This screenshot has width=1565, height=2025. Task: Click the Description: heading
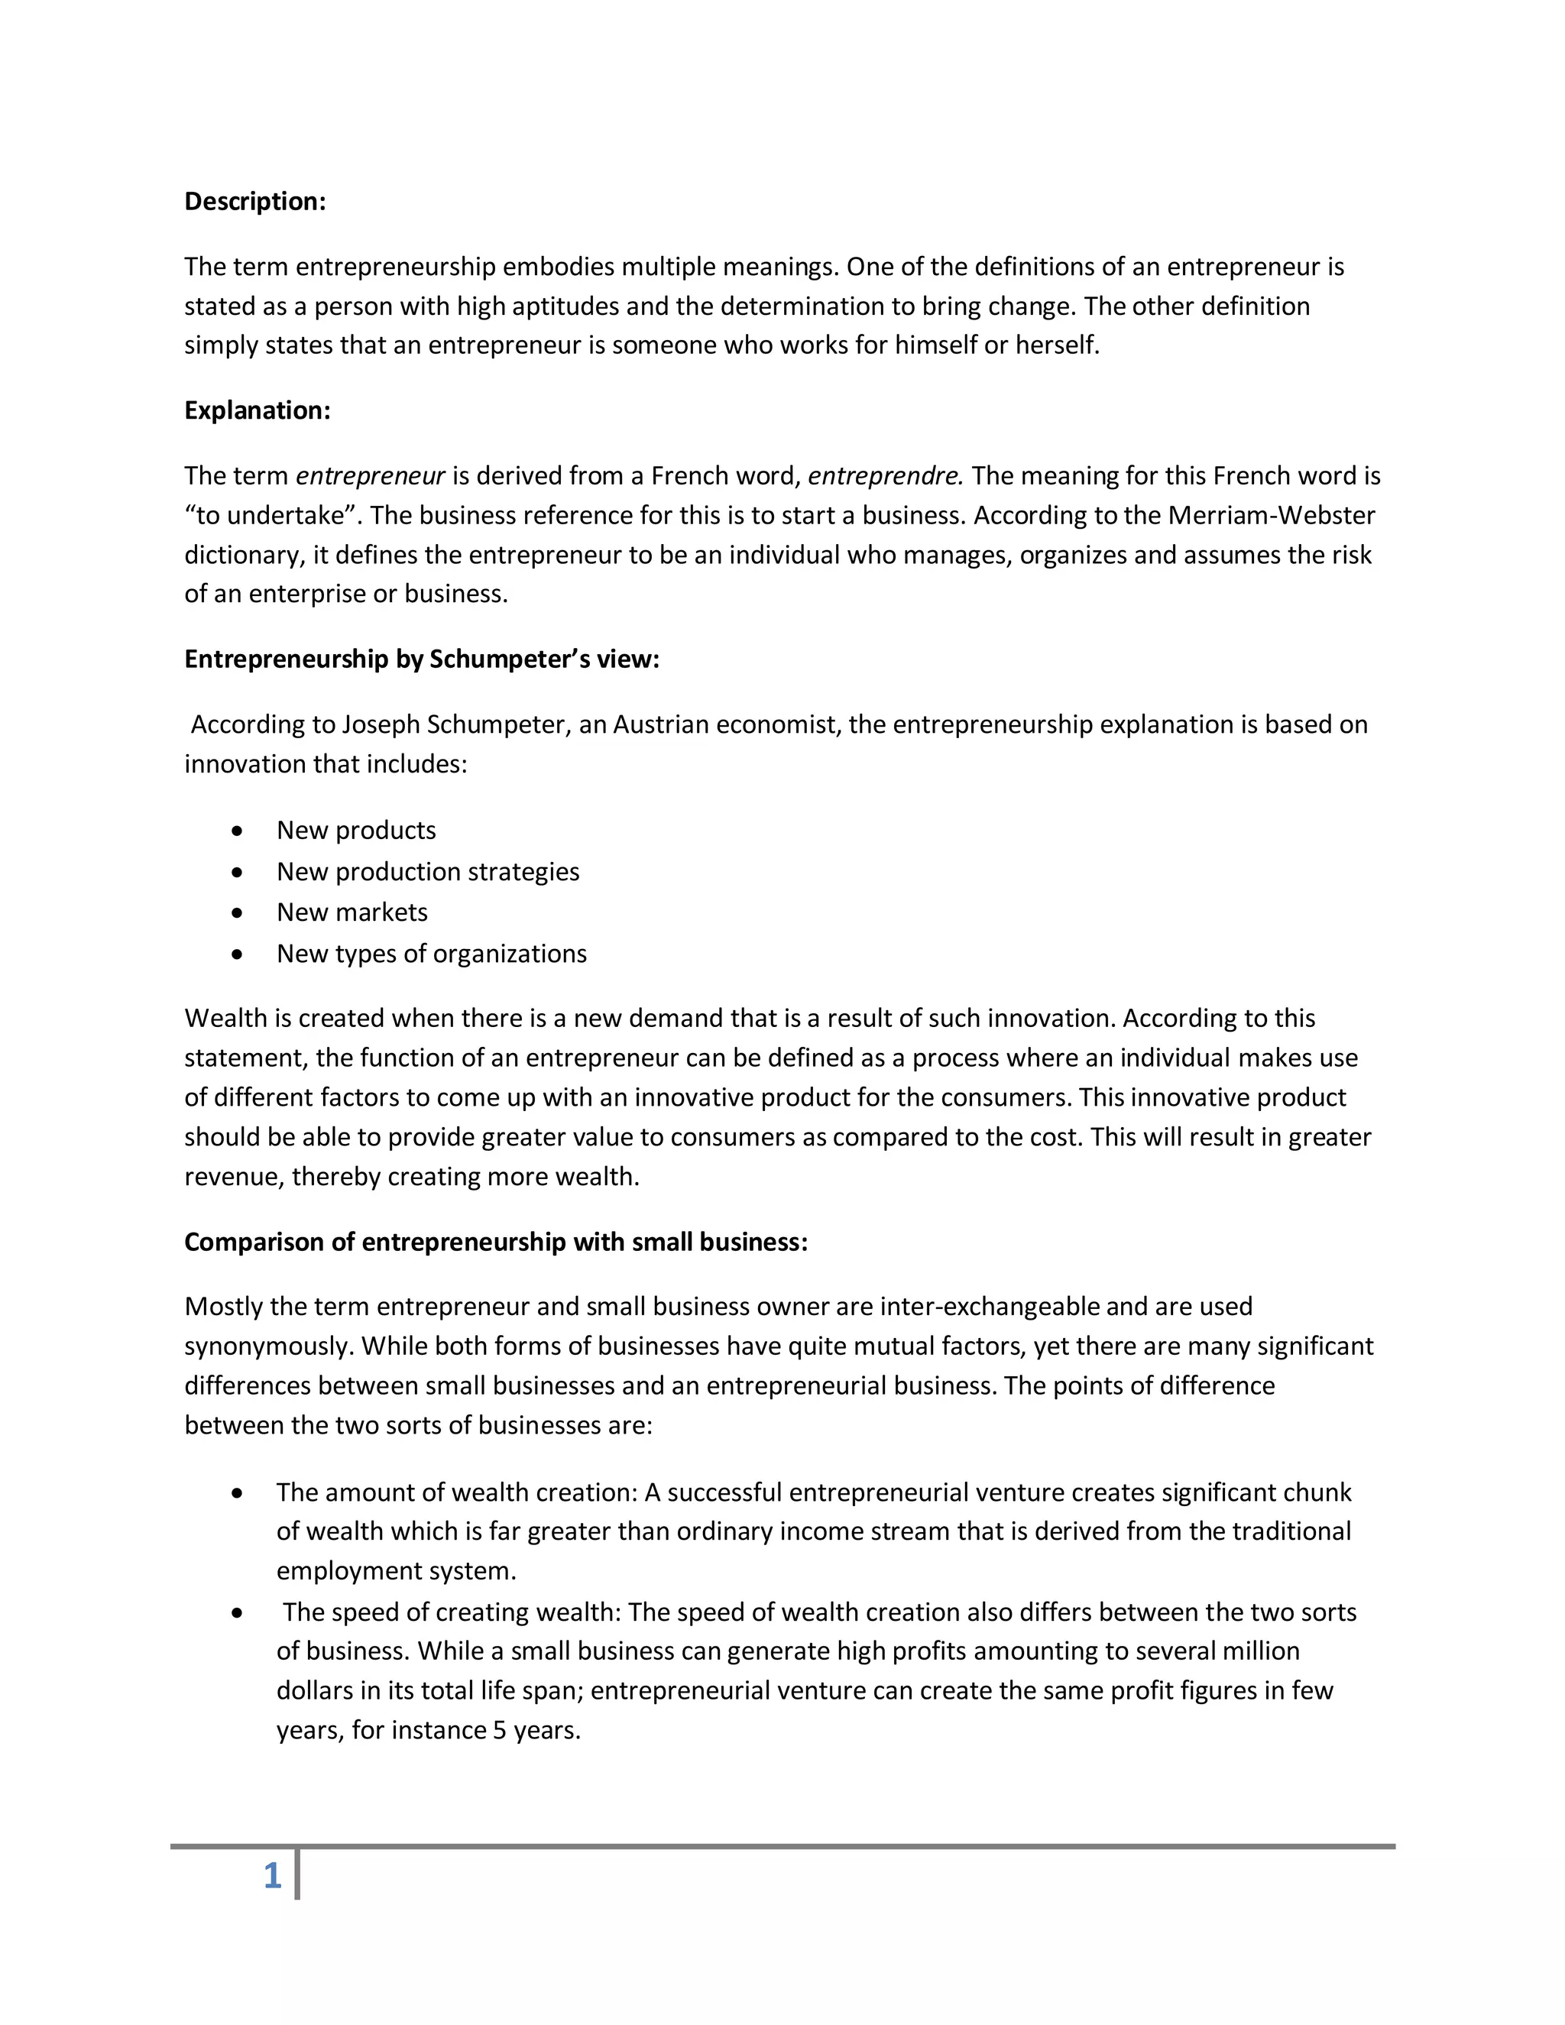pyautogui.click(x=255, y=201)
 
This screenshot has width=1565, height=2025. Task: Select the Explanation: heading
pyautogui.click(x=257, y=410)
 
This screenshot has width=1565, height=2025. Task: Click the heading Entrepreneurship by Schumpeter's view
pyautogui.click(x=422, y=659)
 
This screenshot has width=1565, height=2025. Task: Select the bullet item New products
pyautogui.click(x=356, y=830)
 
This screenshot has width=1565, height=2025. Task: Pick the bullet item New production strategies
pyautogui.click(x=427, y=872)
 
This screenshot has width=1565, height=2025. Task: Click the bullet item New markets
pyautogui.click(x=352, y=912)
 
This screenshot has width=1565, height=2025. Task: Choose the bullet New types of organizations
pyautogui.click(x=431, y=954)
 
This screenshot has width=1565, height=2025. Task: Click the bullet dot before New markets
pyautogui.click(x=238, y=913)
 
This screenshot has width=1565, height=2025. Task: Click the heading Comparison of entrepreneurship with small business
pyautogui.click(x=496, y=1243)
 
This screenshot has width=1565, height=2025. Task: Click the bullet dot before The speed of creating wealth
pyautogui.click(x=238, y=1613)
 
